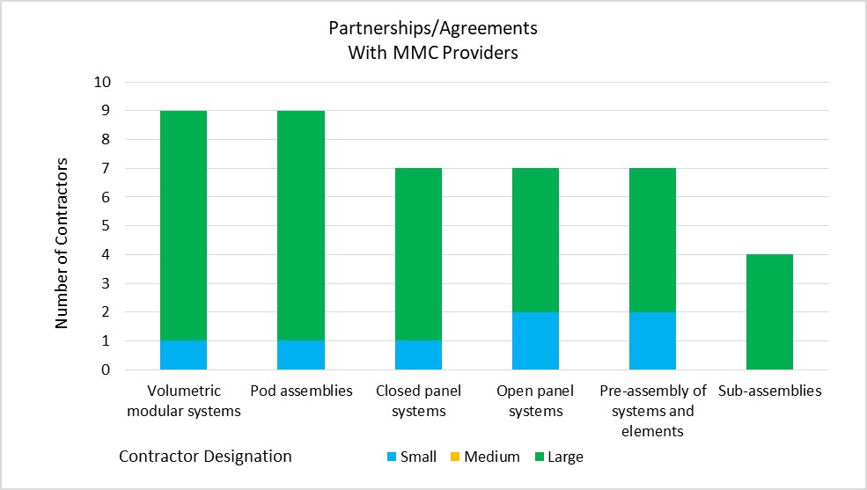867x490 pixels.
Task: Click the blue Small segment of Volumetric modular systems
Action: pos(184,355)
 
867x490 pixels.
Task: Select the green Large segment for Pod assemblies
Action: pos(301,225)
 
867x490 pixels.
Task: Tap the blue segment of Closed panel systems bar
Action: pos(419,355)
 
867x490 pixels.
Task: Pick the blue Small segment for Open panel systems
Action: pos(535,340)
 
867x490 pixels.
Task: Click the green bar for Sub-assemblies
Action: pos(769,311)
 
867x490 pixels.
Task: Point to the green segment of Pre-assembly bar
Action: pos(652,240)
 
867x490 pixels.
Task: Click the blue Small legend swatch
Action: pos(392,457)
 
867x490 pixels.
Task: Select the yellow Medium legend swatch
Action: pos(455,457)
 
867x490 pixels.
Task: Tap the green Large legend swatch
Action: pos(540,457)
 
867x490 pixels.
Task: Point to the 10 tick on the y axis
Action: pos(102,82)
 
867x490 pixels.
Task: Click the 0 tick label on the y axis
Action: pos(106,369)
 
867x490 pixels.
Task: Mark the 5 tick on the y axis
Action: pos(106,225)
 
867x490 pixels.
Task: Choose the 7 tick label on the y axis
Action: pos(106,168)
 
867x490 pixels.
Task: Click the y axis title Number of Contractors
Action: pos(61,243)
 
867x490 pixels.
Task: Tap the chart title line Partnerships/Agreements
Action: pos(433,28)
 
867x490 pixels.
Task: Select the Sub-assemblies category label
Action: pos(769,391)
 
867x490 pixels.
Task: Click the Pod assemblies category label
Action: pos(301,391)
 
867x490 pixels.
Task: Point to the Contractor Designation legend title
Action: pos(205,457)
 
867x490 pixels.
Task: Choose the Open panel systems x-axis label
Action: pos(535,400)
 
